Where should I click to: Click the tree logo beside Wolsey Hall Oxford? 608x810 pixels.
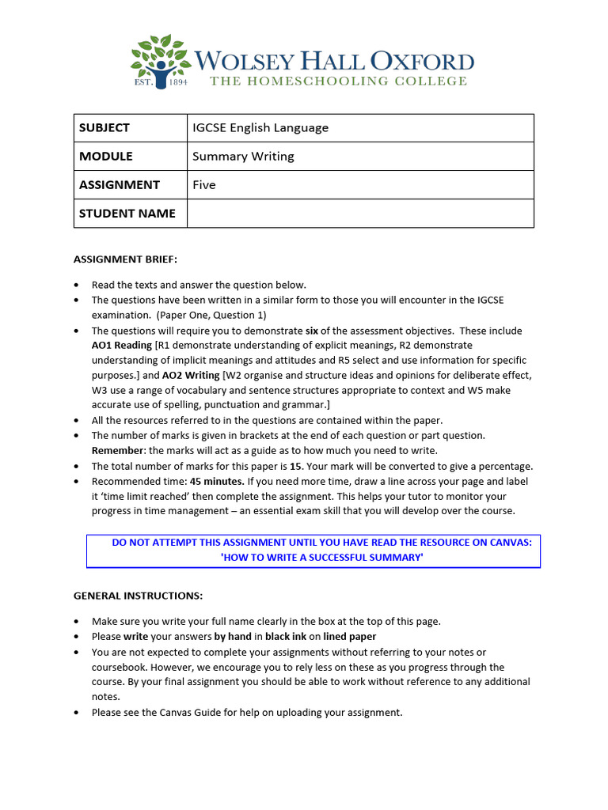click(x=161, y=58)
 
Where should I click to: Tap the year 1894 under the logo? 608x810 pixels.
click(x=175, y=81)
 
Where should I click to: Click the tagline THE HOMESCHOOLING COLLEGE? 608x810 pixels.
click(x=338, y=81)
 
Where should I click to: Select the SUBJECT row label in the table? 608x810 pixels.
click(x=104, y=127)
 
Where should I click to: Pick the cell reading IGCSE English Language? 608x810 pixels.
click(x=260, y=127)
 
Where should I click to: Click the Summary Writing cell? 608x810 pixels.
click(x=243, y=156)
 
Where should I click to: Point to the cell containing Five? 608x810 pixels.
click(x=204, y=184)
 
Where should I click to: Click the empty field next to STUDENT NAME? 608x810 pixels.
click(x=360, y=213)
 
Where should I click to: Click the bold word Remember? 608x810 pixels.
click(x=117, y=451)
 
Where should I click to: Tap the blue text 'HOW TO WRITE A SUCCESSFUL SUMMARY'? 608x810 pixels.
click(x=321, y=558)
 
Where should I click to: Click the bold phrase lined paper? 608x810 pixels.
click(x=350, y=636)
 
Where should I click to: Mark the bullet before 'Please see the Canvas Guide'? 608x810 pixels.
click(x=76, y=713)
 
